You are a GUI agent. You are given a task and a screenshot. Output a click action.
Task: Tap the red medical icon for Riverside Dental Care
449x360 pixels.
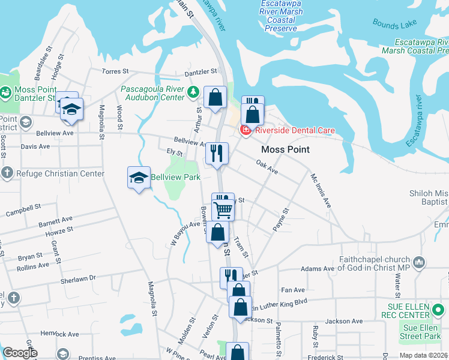click(x=246, y=130)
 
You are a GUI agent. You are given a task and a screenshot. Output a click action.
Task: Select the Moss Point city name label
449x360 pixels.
click(x=286, y=149)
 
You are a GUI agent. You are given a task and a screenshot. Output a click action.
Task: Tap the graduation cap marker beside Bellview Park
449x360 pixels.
click(x=139, y=178)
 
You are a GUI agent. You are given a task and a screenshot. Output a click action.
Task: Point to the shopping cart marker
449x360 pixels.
click(x=223, y=209)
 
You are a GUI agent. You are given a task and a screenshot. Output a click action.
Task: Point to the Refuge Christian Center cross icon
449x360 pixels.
click(x=7, y=174)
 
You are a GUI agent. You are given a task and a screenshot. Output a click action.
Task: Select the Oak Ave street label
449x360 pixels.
click(x=267, y=167)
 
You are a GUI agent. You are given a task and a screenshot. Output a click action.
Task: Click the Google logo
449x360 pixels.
click(x=20, y=353)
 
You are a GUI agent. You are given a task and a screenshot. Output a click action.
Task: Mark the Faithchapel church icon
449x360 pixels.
click(x=419, y=263)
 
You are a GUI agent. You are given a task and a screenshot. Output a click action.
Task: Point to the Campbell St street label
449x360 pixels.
click(x=23, y=210)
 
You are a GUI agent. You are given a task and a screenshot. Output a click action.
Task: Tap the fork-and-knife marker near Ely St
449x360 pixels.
click(x=217, y=154)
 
